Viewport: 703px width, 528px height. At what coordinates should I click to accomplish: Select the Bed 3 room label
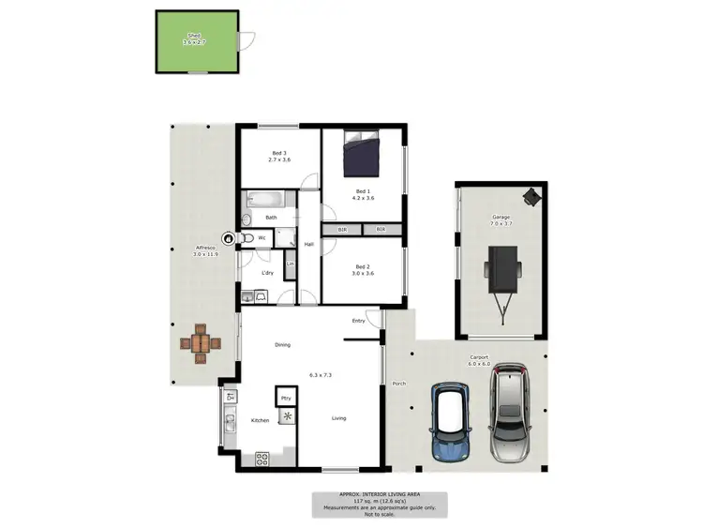point(279,153)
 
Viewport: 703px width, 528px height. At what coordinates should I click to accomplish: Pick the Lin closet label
point(290,264)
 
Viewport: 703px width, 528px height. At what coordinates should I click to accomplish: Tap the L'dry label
point(267,273)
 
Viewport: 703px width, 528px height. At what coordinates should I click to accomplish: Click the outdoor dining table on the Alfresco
point(201,343)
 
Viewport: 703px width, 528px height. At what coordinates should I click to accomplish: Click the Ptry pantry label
point(286,397)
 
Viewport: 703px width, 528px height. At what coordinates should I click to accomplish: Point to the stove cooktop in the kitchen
point(262,459)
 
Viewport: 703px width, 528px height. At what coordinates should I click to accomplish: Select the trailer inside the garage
point(501,272)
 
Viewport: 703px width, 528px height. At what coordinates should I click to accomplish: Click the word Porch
point(399,382)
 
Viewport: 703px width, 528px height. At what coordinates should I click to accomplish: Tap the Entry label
point(358,322)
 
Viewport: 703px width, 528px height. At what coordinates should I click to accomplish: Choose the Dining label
point(282,345)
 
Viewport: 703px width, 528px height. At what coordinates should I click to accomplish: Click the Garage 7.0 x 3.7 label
point(501,220)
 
